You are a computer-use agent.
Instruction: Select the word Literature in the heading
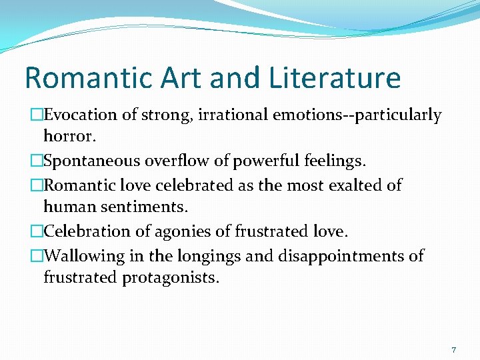tap(335, 78)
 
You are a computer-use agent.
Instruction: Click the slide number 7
tap(454, 350)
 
